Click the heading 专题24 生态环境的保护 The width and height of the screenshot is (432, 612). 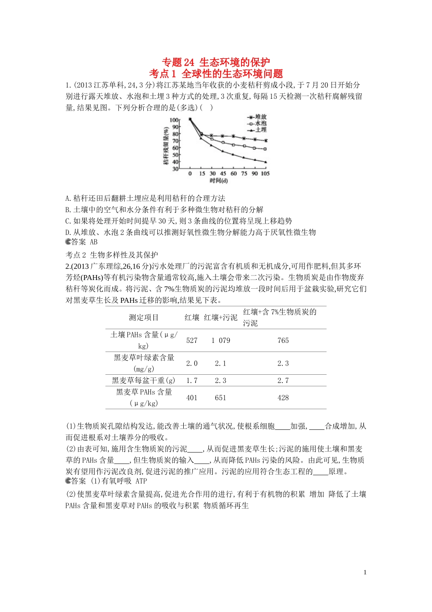216,62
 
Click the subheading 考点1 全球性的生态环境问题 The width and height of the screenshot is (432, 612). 216,74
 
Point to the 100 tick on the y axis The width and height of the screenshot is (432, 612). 175,120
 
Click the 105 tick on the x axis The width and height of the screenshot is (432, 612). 265,173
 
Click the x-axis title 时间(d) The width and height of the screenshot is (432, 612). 219,181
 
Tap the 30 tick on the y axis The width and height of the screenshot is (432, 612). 176,169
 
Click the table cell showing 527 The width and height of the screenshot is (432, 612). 192,341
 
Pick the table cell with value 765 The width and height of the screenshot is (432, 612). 283,341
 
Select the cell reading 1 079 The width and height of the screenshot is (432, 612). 221,341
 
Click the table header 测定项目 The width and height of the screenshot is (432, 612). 144,318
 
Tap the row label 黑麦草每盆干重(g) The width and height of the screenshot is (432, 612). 144,381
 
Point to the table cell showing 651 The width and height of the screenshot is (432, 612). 221,398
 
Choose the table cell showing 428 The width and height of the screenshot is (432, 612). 283,398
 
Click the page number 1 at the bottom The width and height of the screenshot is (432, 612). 365,572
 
